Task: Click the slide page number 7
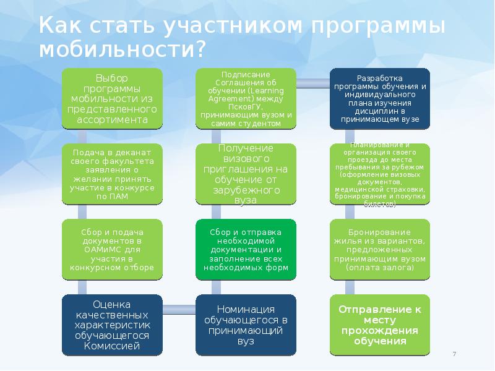(x=455, y=354)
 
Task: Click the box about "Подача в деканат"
(x=112, y=174)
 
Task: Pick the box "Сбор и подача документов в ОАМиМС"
(x=112, y=250)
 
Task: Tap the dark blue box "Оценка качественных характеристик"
(x=112, y=325)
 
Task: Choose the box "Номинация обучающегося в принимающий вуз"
(x=246, y=325)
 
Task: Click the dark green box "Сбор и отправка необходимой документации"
(x=246, y=250)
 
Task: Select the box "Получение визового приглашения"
(x=246, y=174)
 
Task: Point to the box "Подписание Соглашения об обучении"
(x=246, y=99)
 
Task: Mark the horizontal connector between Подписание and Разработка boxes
(x=313, y=81)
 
